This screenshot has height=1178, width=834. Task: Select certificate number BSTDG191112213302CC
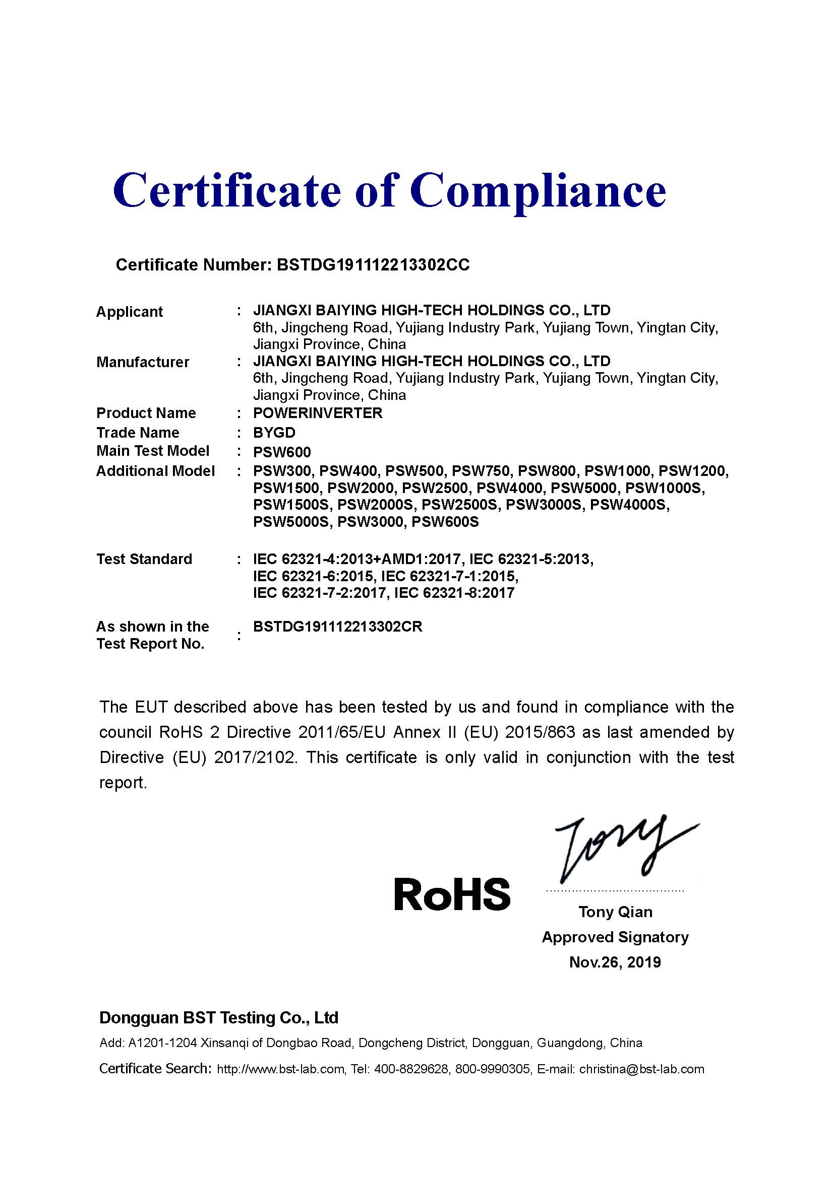click(373, 265)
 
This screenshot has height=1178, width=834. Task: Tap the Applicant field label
click(130, 311)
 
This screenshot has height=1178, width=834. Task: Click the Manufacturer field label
click(143, 362)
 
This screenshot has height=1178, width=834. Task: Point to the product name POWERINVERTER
click(318, 412)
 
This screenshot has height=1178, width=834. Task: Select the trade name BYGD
click(274, 432)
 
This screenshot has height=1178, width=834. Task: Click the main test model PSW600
click(282, 452)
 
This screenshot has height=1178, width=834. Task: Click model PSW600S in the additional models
click(445, 522)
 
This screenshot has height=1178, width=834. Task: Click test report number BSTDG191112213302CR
click(338, 627)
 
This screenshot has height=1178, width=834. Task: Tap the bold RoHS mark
click(452, 893)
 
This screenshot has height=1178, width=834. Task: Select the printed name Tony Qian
click(615, 912)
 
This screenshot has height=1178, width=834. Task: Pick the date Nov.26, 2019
click(615, 961)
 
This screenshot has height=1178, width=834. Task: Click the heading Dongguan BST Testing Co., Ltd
click(219, 1017)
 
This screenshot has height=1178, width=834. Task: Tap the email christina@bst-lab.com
click(642, 1069)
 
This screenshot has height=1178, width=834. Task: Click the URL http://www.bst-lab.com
click(280, 1069)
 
